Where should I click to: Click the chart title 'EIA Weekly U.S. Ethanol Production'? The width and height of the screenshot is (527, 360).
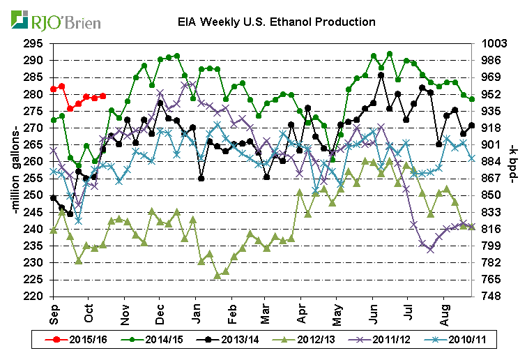pos(276,22)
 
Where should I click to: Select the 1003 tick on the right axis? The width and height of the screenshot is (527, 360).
pos(492,43)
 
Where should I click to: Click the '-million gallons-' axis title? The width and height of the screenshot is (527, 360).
pos(15,170)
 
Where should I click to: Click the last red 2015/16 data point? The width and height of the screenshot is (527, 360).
pos(102,96)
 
